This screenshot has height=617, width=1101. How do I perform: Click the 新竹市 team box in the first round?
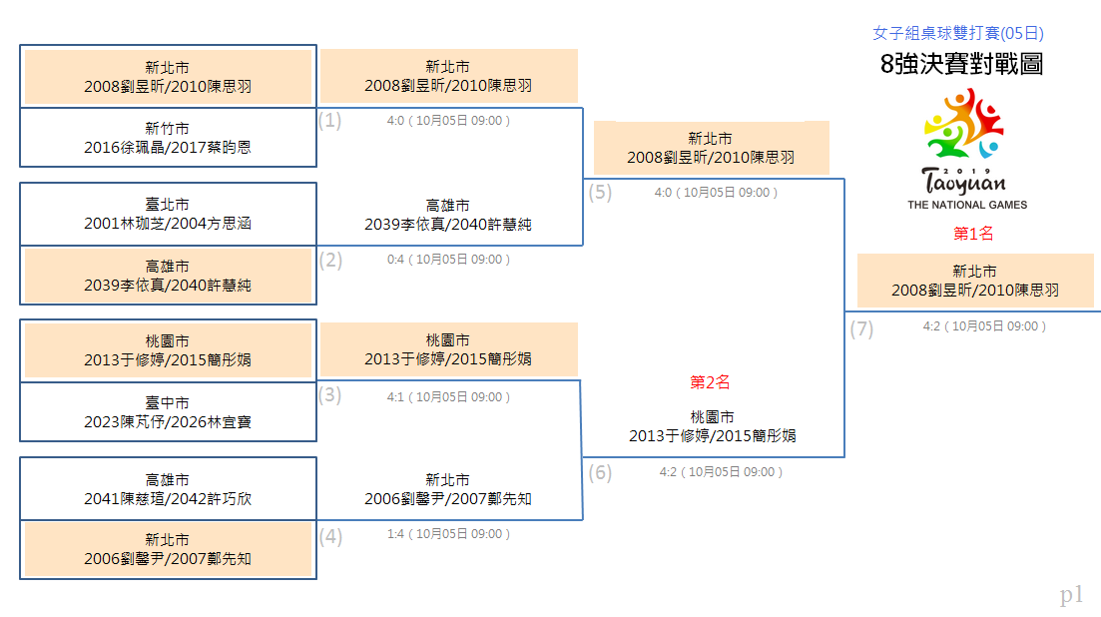coord(168,138)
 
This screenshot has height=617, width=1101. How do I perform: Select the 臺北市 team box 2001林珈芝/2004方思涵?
coord(168,214)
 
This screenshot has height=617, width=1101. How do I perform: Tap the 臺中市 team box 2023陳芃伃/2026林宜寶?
coord(168,412)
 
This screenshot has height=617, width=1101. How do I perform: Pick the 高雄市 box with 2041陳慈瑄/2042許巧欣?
coord(168,489)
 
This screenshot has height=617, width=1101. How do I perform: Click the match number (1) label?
coord(330,121)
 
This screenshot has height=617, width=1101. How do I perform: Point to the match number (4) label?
coord(330,537)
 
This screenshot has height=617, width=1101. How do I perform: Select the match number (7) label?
coord(861,328)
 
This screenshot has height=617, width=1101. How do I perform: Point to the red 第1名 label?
coord(973,234)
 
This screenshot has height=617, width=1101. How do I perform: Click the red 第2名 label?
coord(710,382)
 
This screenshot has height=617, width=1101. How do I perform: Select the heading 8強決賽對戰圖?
coord(961,64)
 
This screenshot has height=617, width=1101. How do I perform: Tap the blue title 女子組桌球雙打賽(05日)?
coord(957,33)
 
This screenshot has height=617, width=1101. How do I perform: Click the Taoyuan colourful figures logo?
coord(963,124)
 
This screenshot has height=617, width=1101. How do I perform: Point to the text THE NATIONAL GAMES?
coord(967,205)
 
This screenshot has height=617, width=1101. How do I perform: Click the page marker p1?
coord(1071,595)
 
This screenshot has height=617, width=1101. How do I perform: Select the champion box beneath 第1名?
coord(975,281)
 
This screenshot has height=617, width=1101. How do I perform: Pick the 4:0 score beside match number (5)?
coord(663,193)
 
